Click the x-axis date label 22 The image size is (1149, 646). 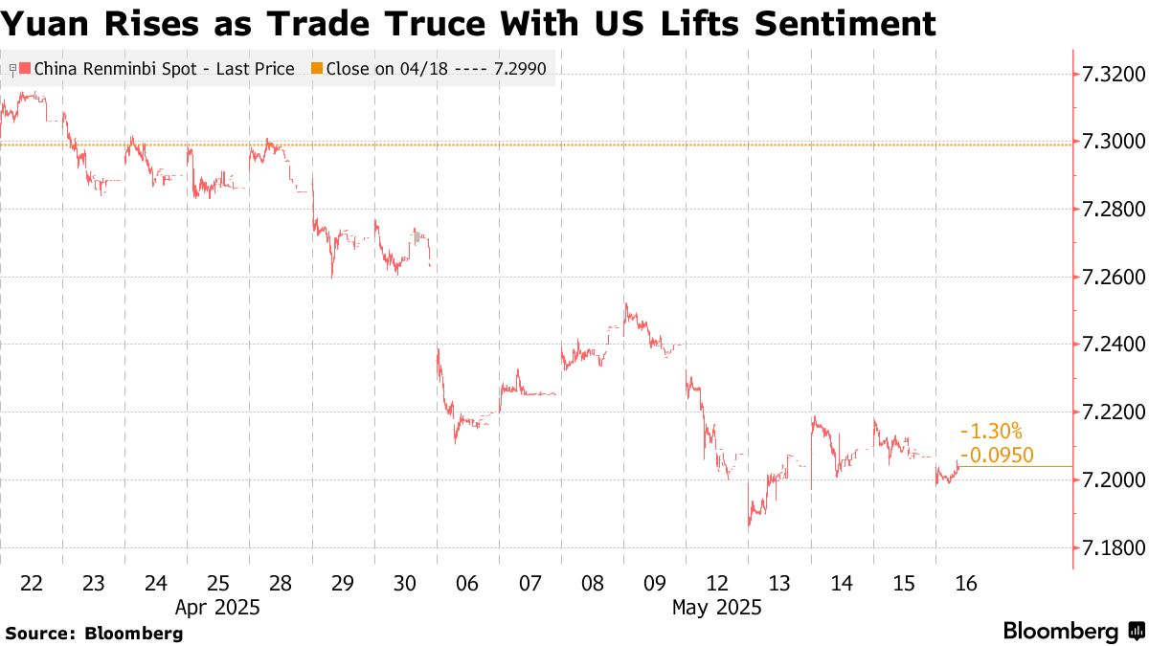tap(32, 584)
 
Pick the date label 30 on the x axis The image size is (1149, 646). tap(405, 584)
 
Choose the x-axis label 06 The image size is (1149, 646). tap(468, 584)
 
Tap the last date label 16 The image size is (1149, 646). tap(966, 584)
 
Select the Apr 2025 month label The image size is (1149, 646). tap(217, 607)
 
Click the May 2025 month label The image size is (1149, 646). tap(716, 607)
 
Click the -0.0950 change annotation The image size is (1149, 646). tap(997, 456)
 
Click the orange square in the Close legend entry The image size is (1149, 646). tap(317, 69)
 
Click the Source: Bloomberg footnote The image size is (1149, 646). tap(94, 633)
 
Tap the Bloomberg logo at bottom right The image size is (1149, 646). tap(1072, 631)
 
